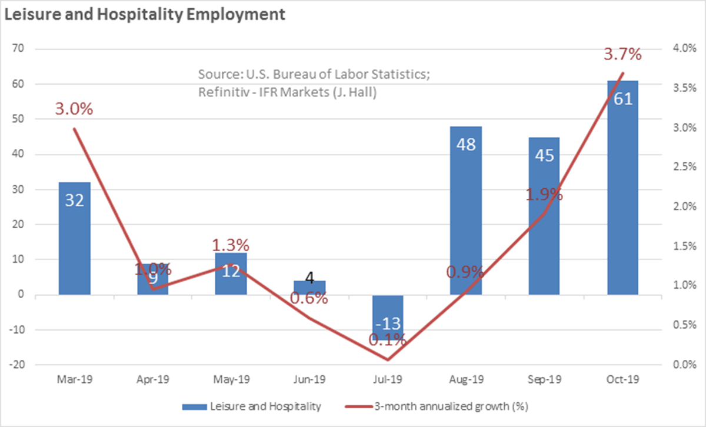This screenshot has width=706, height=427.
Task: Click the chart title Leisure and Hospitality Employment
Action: pyautogui.click(x=145, y=15)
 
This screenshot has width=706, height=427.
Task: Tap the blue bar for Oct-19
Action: pyautogui.click(x=622, y=188)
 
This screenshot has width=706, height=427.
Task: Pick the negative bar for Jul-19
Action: pyautogui.click(x=388, y=318)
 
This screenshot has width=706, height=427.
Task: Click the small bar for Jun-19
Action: pyautogui.click(x=309, y=288)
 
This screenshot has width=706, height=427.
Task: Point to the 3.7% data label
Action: pyautogui.click(x=622, y=55)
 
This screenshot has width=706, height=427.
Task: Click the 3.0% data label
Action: pyautogui.click(x=75, y=109)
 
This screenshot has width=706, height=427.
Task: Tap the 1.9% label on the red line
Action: pyautogui.click(x=544, y=194)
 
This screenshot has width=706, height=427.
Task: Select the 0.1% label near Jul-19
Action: pyautogui.click(x=388, y=339)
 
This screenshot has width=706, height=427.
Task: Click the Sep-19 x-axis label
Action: pyautogui.click(x=544, y=380)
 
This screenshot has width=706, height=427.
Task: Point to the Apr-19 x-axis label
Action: pyautogui.click(x=153, y=380)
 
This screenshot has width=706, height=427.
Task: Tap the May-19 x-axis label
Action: pyautogui.click(x=231, y=380)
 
